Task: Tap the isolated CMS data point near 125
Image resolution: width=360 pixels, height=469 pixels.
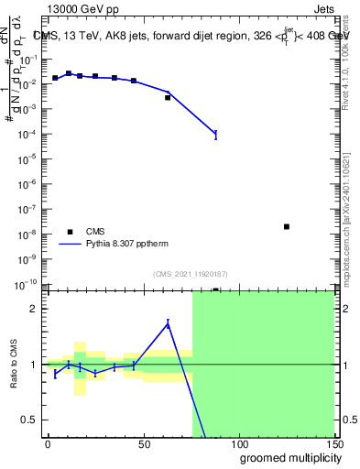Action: click(x=287, y=226)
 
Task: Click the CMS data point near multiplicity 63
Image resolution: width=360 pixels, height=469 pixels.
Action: click(x=168, y=97)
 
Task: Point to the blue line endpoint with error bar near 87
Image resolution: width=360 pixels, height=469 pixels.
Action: click(x=216, y=135)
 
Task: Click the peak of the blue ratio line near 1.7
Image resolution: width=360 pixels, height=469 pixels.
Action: click(x=168, y=322)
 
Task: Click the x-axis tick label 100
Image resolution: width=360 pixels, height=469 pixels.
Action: click(x=239, y=444)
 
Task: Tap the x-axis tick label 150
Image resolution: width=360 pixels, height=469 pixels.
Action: click(x=333, y=444)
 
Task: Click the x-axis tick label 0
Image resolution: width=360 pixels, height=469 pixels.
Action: click(x=48, y=444)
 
